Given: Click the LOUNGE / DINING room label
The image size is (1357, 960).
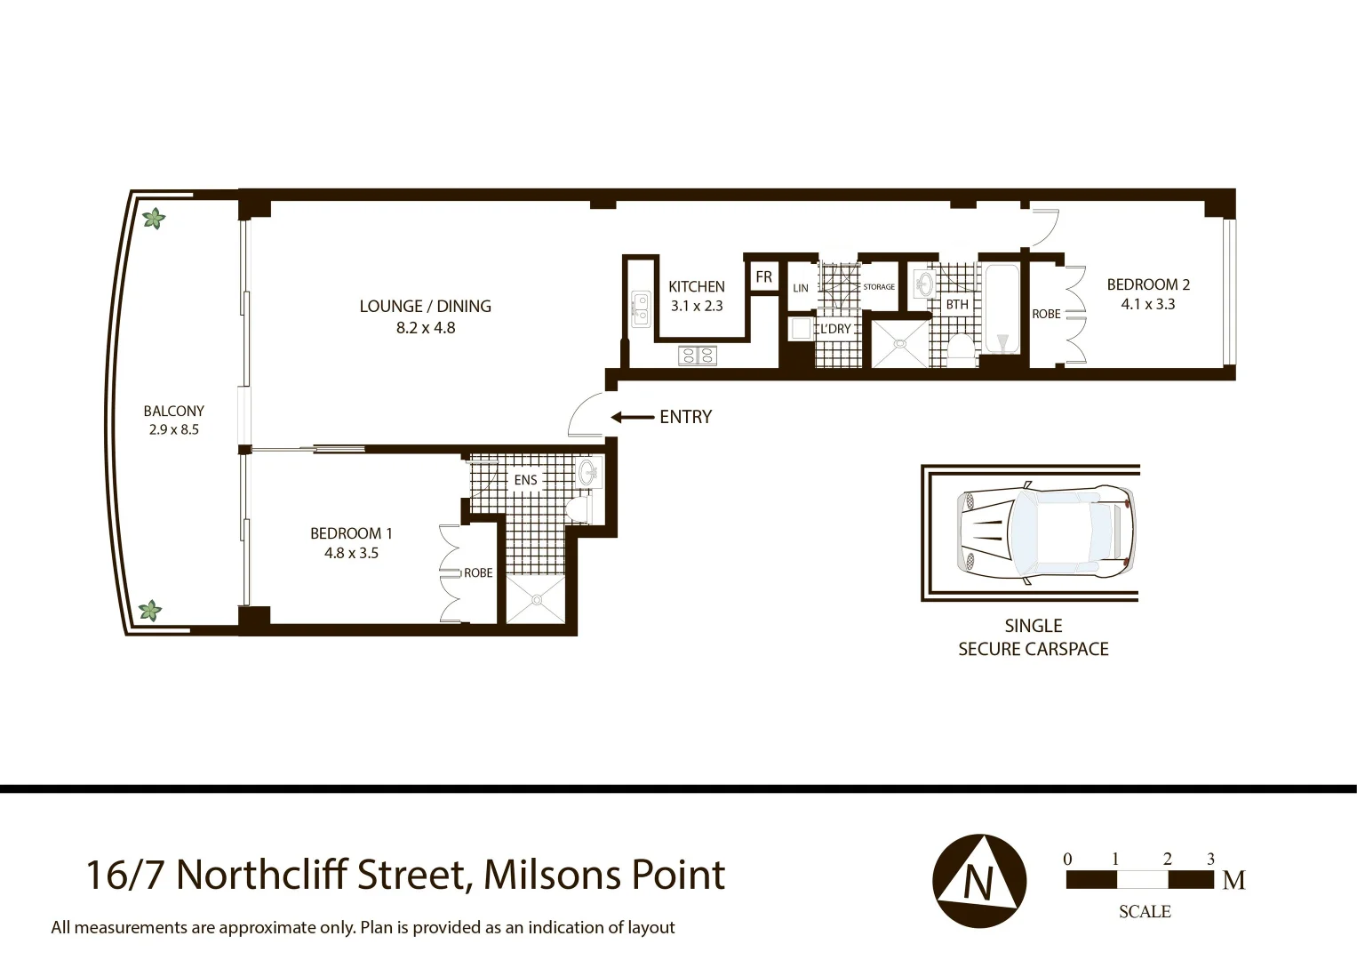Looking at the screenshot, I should click(x=425, y=316).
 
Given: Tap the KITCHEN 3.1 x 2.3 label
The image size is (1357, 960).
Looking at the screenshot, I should click(x=696, y=296).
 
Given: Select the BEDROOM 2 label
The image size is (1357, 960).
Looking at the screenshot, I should click(x=1147, y=294).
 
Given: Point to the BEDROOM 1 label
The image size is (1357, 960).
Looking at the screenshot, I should click(x=351, y=542).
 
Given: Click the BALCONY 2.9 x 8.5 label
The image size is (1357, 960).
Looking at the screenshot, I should click(x=173, y=420).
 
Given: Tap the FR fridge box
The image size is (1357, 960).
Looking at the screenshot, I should click(x=763, y=277).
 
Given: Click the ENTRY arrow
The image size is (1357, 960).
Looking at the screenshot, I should click(x=632, y=417).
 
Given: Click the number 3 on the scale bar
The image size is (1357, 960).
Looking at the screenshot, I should click(x=1210, y=859).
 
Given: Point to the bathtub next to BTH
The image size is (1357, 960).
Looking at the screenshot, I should click(x=1002, y=310).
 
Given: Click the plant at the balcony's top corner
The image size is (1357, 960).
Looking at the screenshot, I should click(x=154, y=218).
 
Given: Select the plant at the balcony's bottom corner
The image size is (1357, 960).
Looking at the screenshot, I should click(x=150, y=611).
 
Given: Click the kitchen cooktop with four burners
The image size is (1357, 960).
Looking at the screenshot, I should click(x=697, y=356).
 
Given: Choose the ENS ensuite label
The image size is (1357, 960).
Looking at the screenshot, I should click(x=525, y=480).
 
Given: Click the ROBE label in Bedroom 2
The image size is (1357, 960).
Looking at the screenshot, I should click(x=1046, y=314).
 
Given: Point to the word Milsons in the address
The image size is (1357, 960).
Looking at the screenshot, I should click(x=551, y=875).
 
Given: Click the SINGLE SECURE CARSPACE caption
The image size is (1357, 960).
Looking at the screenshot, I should click(x=1033, y=637).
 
